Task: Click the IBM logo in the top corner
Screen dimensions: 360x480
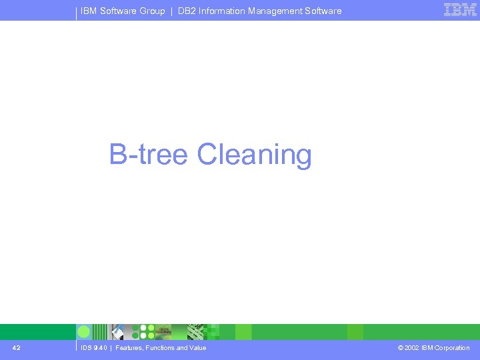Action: [461, 10]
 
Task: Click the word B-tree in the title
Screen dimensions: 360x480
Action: [149, 154]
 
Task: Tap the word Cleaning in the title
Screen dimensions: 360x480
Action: [255, 155]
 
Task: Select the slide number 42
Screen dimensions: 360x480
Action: [17, 347]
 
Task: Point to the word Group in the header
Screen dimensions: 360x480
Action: [152, 11]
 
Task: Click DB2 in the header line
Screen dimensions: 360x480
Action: [187, 11]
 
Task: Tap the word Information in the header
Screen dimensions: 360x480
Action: [222, 11]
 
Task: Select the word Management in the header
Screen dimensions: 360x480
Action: [277, 11]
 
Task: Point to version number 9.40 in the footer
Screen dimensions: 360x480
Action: [101, 348]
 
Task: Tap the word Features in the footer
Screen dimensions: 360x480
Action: [129, 348]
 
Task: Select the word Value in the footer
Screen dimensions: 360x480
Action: [197, 348]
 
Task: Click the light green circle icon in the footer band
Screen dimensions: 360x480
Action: [84, 332]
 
